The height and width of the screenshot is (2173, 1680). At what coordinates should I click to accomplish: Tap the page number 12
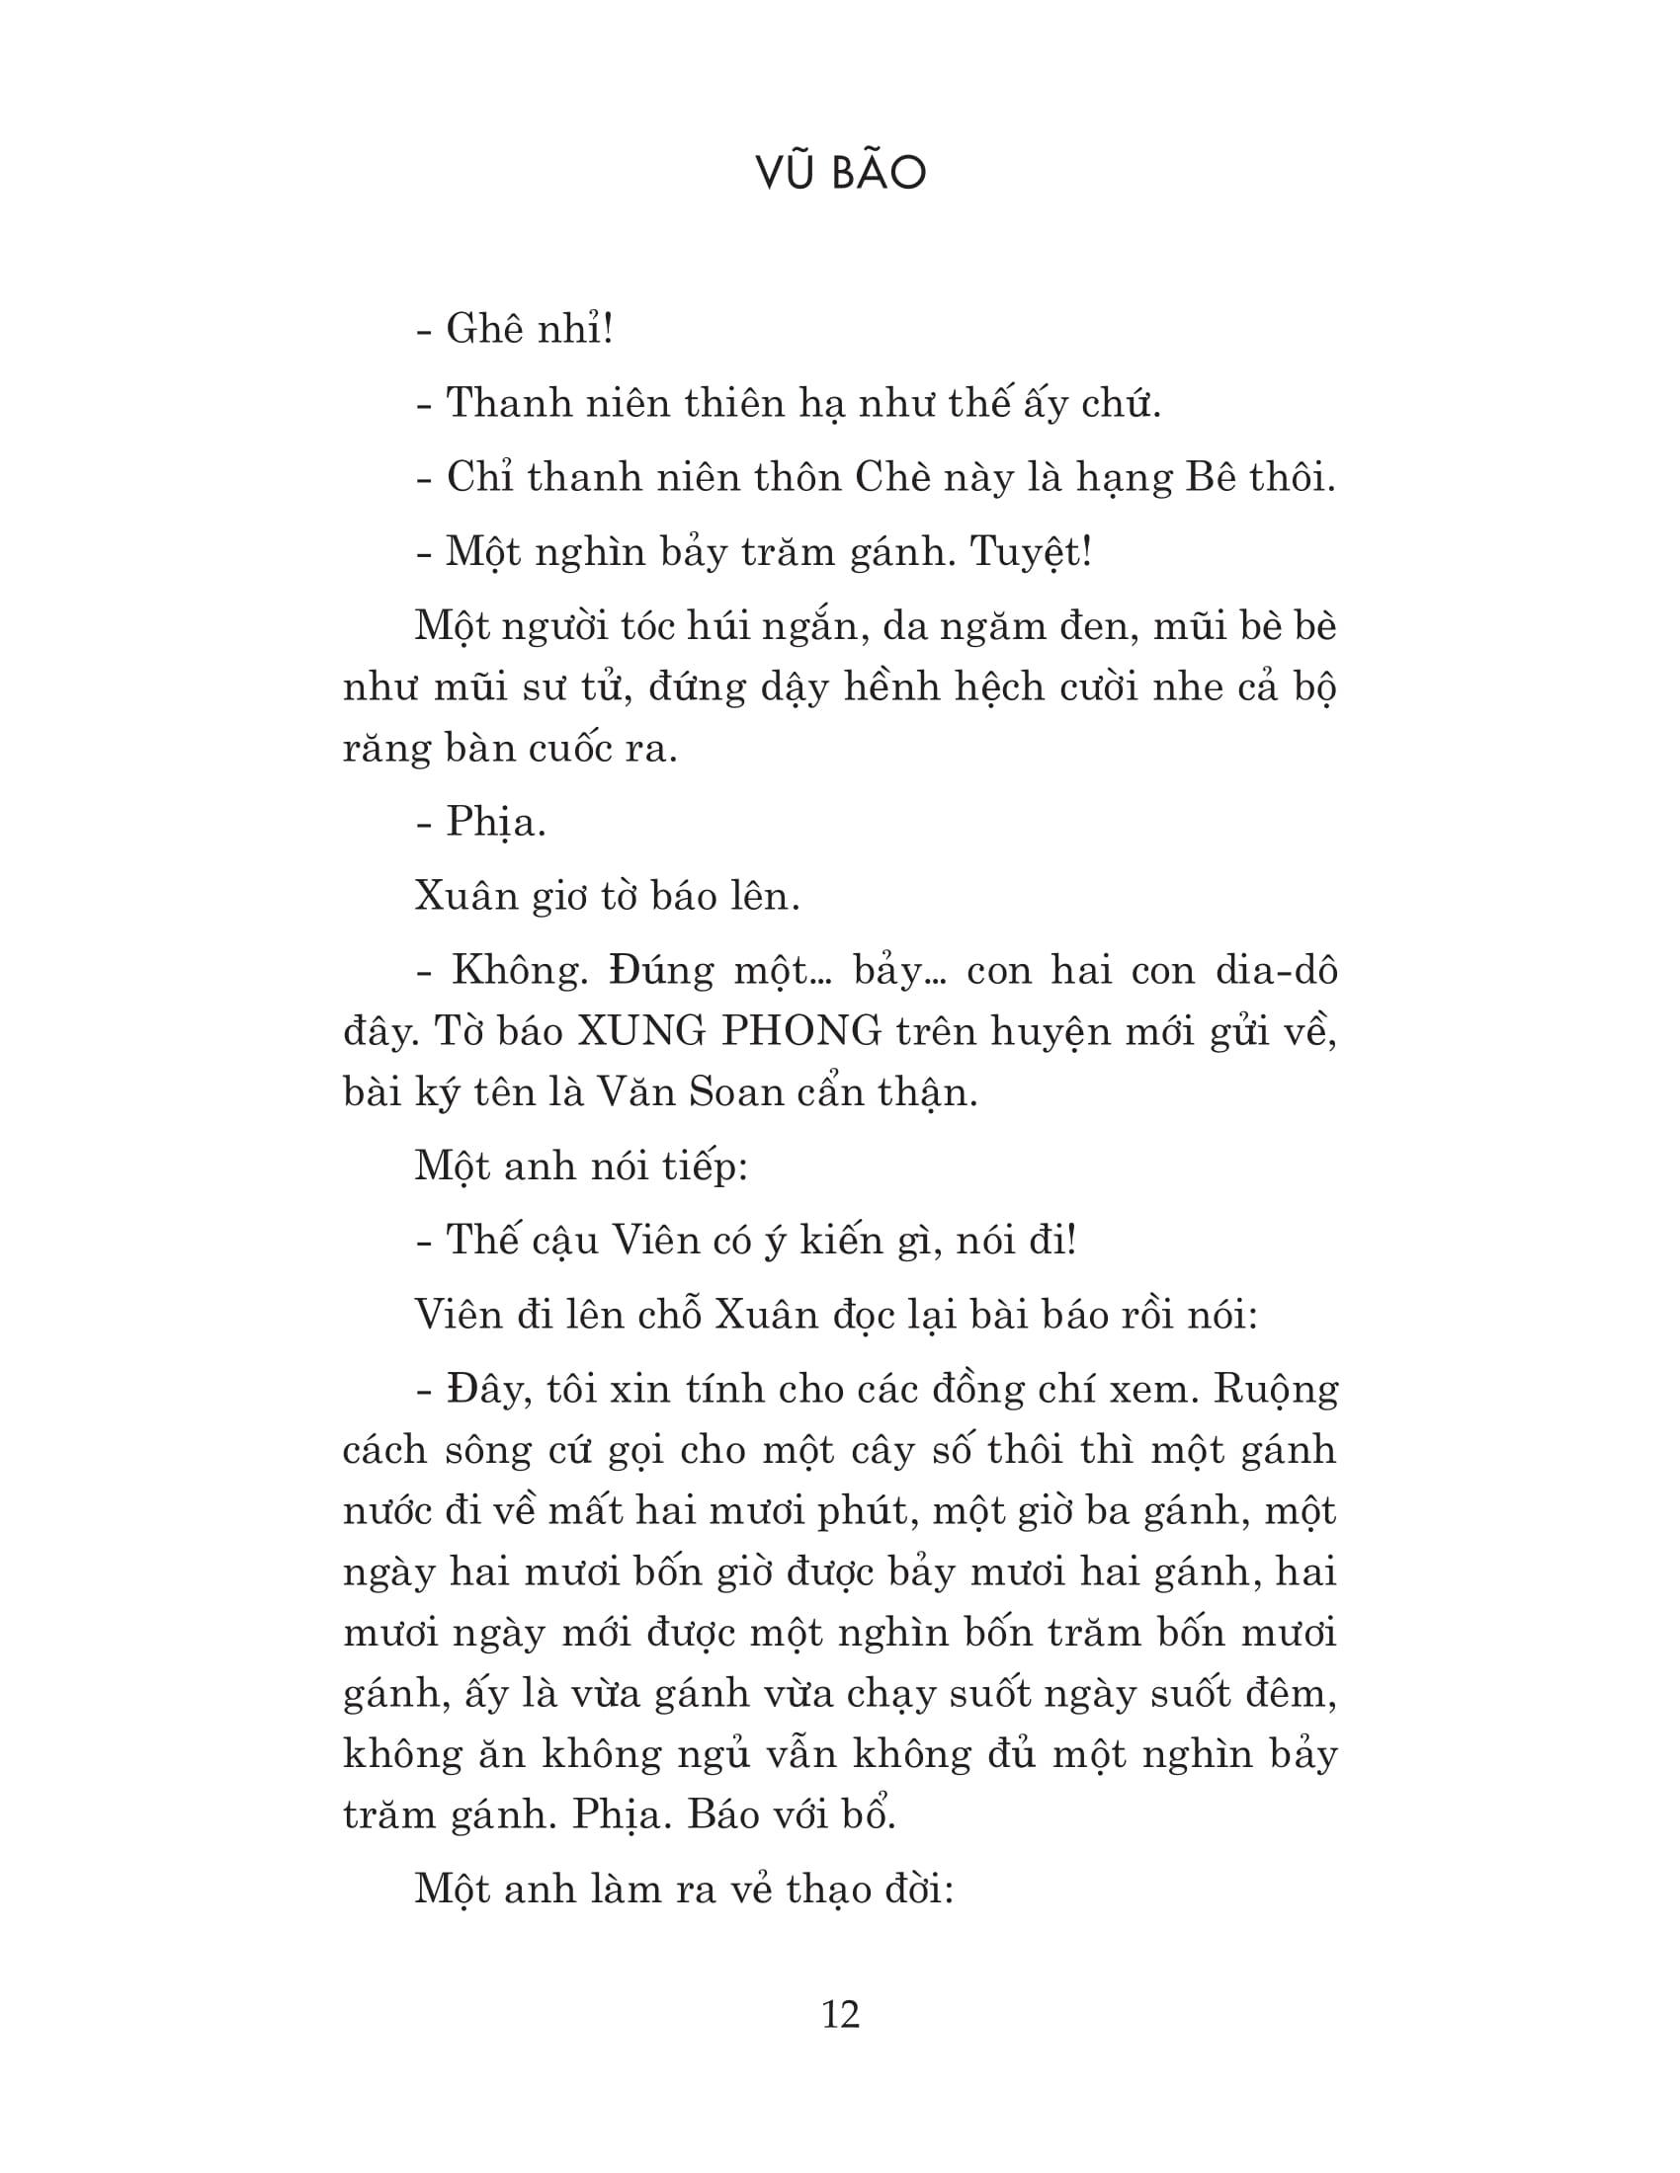841,2015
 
